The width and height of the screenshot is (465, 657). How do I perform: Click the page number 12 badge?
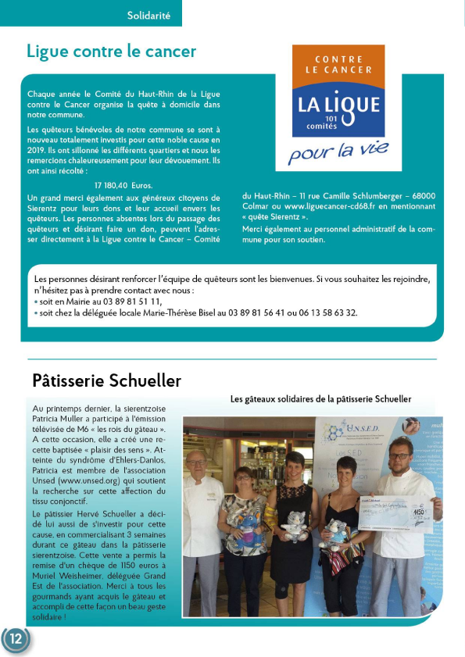pos(16,639)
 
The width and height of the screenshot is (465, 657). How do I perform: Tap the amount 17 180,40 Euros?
pos(123,185)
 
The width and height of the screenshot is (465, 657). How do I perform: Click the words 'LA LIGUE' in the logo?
pos(338,104)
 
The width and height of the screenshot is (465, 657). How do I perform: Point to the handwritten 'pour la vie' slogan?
pos(338,151)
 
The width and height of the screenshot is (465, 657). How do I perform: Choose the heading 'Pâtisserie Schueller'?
pos(106,380)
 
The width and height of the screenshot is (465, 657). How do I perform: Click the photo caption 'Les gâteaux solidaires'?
pos(320,398)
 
